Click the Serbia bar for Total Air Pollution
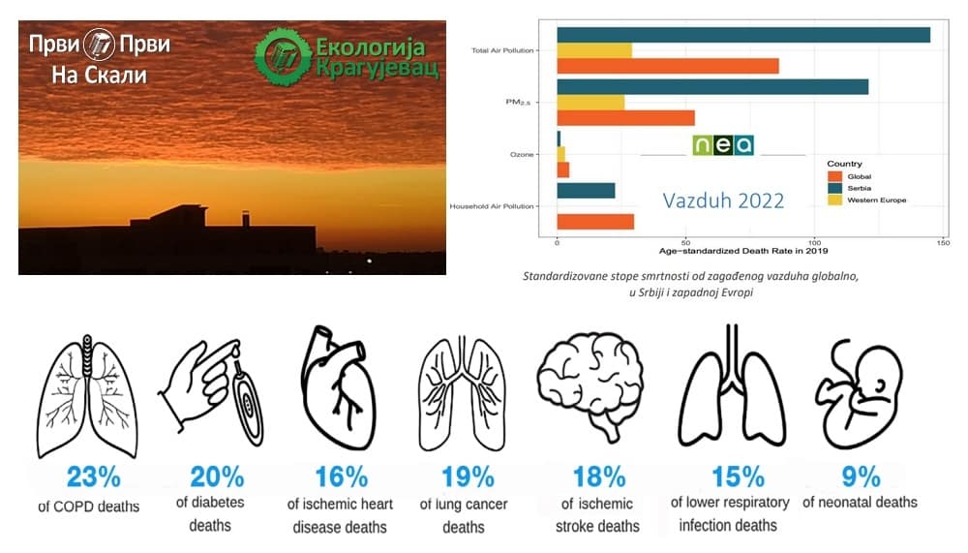tap(743, 35)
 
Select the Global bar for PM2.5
tap(626, 118)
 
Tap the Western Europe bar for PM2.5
tap(590, 103)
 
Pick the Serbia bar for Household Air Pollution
tap(586, 191)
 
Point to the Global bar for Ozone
tap(563, 169)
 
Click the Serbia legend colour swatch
tap(834, 188)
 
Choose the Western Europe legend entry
tap(866, 200)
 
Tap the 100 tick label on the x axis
tap(814, 243)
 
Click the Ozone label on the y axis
tap(522, 154)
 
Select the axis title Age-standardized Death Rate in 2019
tap(743, 251)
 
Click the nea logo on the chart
tap(723, 144)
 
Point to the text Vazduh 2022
tap(723, 200)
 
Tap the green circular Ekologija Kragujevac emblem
tap(284, 56)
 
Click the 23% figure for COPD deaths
tap(94, 477)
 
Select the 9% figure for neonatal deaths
tap(862, 476)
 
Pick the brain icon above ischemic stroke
tap(590, 384)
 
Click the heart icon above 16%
tap(338, 387)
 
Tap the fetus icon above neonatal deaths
tap(859, 396)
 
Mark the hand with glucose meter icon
tap(212, 391)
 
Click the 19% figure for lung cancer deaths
tap(468, 477)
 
